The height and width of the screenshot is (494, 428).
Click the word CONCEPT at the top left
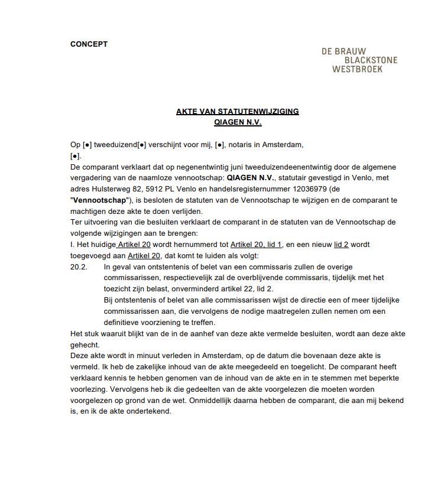(x=89, y=44)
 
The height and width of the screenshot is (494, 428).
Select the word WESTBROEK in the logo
(x=358, y=69)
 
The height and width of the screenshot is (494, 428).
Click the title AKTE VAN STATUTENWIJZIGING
(x=237, y=112)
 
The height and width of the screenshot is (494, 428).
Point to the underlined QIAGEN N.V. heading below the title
(x=237, y=122)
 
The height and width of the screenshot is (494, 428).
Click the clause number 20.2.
(x=79, y=267)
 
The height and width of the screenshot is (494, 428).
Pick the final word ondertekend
(x=150, y=412)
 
